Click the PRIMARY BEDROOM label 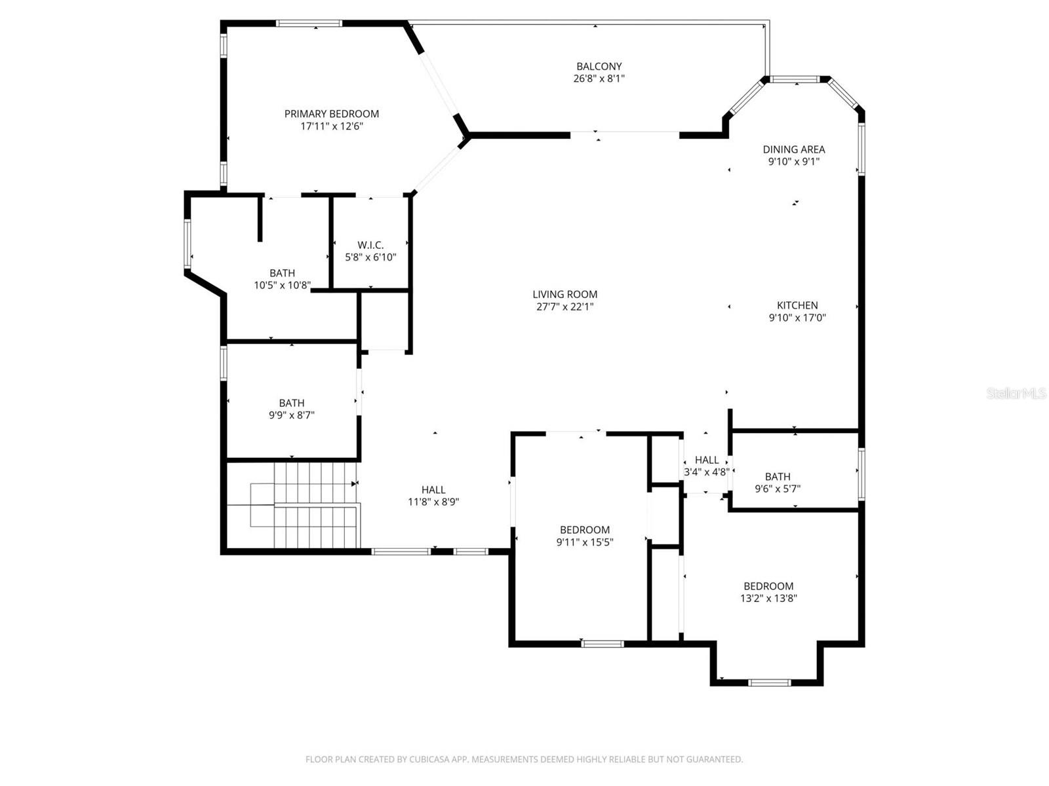(x=331, y=114)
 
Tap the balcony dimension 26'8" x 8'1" (x=599, y=79)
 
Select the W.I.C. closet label (x=370, y=245)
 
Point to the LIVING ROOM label (x=564, y=295)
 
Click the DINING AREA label (x=793, y=149)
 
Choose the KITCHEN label (x=797, y=305)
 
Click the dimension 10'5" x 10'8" (x=282, y=286)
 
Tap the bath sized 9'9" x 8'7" (x=292, y=415)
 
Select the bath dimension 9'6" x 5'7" (x=778, y=489)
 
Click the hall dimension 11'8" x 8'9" (x=433, y=502)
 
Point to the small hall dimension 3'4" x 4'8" (x=707, y=472)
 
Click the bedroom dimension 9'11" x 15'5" (x=585, y=542)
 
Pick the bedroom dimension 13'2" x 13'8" (x=768, y=598)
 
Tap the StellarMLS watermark (x=1016, y=393)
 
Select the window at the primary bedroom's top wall (x=309, y=24)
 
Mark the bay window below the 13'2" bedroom (x=770, y=683)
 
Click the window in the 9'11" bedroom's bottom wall (x=603, y=644)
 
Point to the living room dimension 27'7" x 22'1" (x=564, y=307)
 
